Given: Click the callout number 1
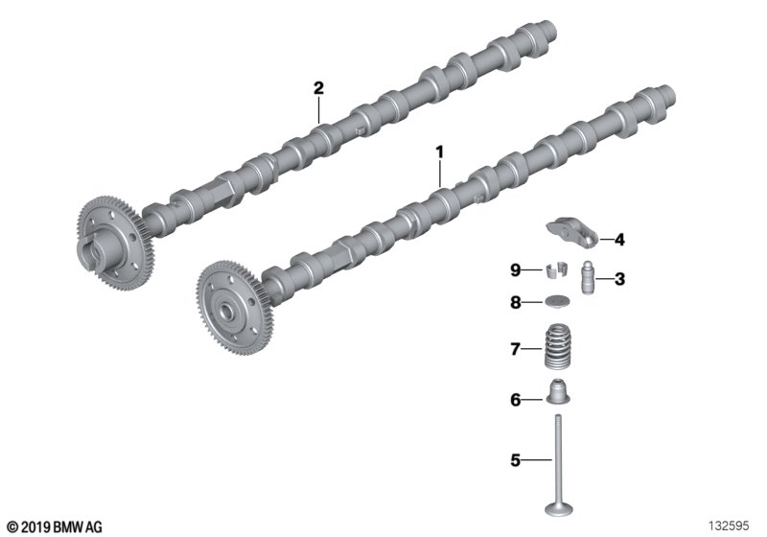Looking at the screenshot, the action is [440, 152].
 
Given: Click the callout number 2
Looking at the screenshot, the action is [318, 88].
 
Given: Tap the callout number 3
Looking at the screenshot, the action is [619, 279].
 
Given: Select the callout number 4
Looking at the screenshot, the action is [619, 240].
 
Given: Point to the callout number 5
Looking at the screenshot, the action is [515, 460].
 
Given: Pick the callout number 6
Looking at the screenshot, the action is [515, 400].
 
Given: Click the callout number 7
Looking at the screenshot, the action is [515, 349].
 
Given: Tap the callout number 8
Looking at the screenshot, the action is [515, 303].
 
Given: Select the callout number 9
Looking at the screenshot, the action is [515, 270].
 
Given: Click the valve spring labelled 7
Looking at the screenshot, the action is [558, 347].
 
